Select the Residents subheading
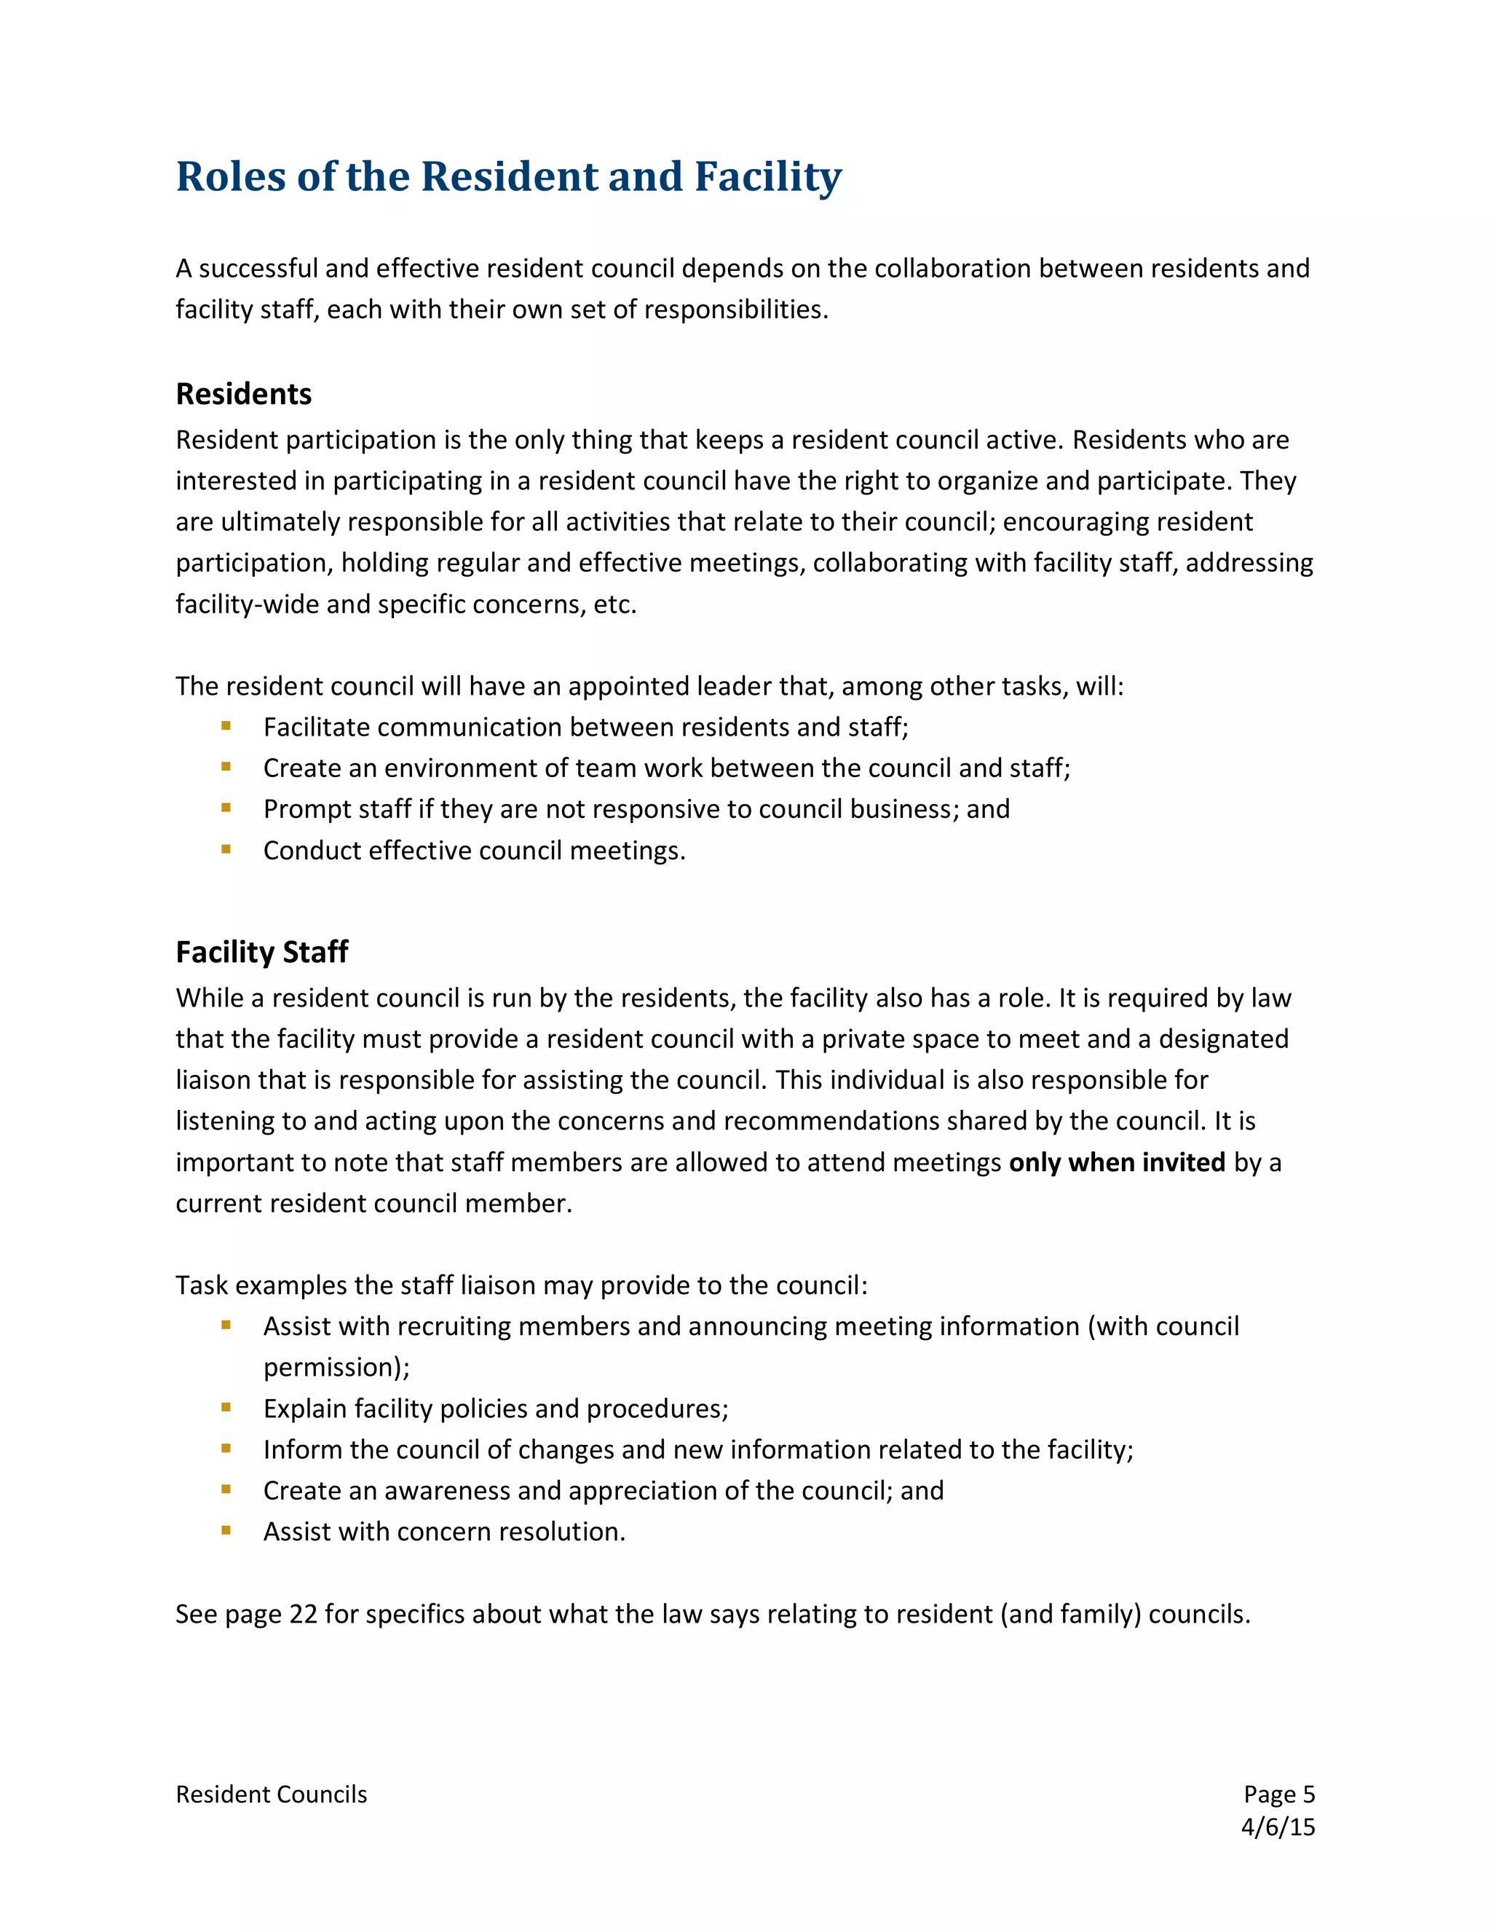(x=243, y=393)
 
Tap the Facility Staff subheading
(x=261, y=952)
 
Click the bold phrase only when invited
(x=1117, y=1162)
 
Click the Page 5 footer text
(x=1278, y=1794)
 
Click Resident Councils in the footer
(x=271, y=1794)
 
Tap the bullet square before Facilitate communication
(x=226, y=725)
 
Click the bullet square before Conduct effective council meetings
(x=226, y=849)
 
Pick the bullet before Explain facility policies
(x=226, y=1407)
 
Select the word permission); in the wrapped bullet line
(x=336, y=1367)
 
